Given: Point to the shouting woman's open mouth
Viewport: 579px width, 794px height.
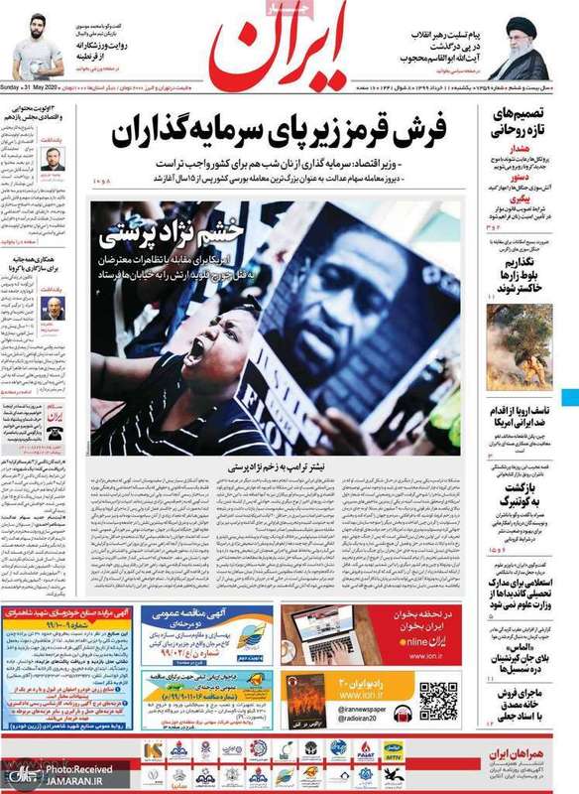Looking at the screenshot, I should coord(196,349).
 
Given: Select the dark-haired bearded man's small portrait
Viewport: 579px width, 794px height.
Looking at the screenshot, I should coord(54,159).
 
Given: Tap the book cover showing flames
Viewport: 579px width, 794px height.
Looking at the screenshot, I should coord(305,700).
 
